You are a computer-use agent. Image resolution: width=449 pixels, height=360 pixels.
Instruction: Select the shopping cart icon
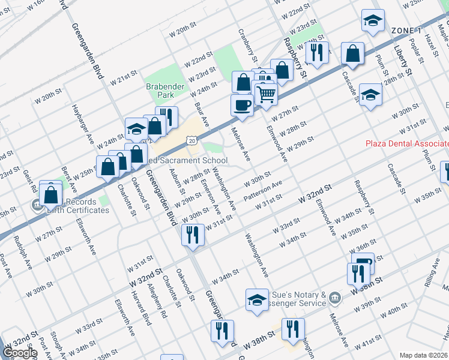(265, 94)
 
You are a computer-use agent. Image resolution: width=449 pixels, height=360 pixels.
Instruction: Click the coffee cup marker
(242, 104)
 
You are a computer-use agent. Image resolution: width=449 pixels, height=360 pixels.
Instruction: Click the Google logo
(20, 352)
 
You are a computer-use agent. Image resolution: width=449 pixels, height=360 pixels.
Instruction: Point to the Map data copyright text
(423, 355)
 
